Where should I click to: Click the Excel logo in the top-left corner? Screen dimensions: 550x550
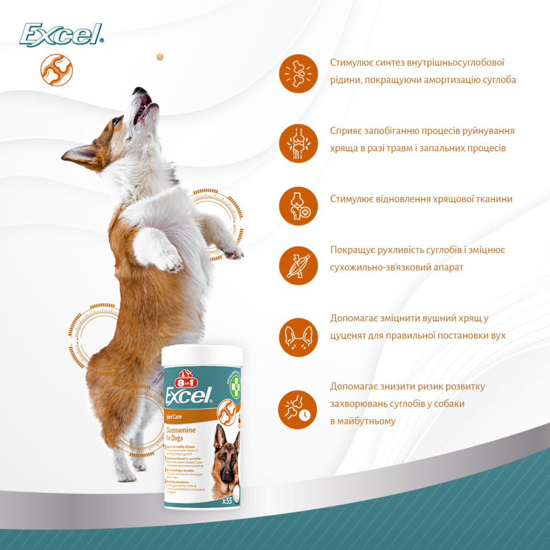coord(61,35)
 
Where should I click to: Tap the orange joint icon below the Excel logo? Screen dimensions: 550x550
coord(57,70)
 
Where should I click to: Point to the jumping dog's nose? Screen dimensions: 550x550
coord(140,90)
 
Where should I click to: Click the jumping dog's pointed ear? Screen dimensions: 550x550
coord(80,155)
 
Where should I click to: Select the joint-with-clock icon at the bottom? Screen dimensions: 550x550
coord(298,409)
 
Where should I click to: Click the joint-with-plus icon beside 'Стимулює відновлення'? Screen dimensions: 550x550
coord(298,206)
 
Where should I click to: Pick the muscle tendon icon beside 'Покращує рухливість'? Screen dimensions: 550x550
coord(298,265)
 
